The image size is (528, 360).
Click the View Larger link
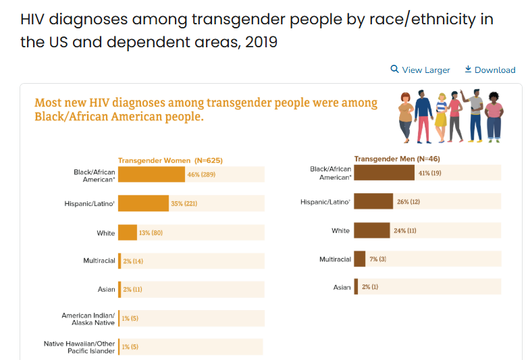click(x=425, y=70)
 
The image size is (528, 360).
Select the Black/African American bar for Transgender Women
click(x=151, y=174)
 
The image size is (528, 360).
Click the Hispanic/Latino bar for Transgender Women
click(x=143, y=203)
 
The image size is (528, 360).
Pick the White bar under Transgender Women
click(x=128, y=232)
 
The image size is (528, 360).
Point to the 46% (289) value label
click(x=201, y=174)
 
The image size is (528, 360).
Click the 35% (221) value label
click(x=184, y=203)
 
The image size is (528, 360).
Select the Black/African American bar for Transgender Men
click(x=384, y=173)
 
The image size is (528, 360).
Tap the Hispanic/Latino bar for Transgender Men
click(x=373, y=201)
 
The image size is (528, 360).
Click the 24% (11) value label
click(x=405, y=230)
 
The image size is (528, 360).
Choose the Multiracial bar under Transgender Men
click(x=360, y=259)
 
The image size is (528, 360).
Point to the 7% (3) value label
click(x=378, y=259)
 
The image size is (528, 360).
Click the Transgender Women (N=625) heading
click(x=170, y=160)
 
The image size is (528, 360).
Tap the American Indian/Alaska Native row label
click(x=88, y=319)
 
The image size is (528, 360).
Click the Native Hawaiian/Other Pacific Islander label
click(x=80, y=347)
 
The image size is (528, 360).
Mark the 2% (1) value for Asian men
click(x=370, y=287)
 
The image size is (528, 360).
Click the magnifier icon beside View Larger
click(x=395, y=70)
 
